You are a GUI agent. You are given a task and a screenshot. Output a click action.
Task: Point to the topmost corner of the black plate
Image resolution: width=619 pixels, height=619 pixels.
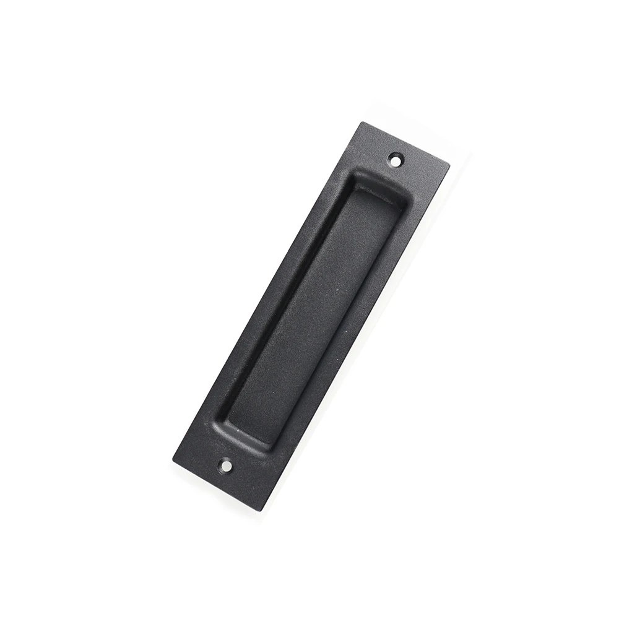(x=358, y=121)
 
